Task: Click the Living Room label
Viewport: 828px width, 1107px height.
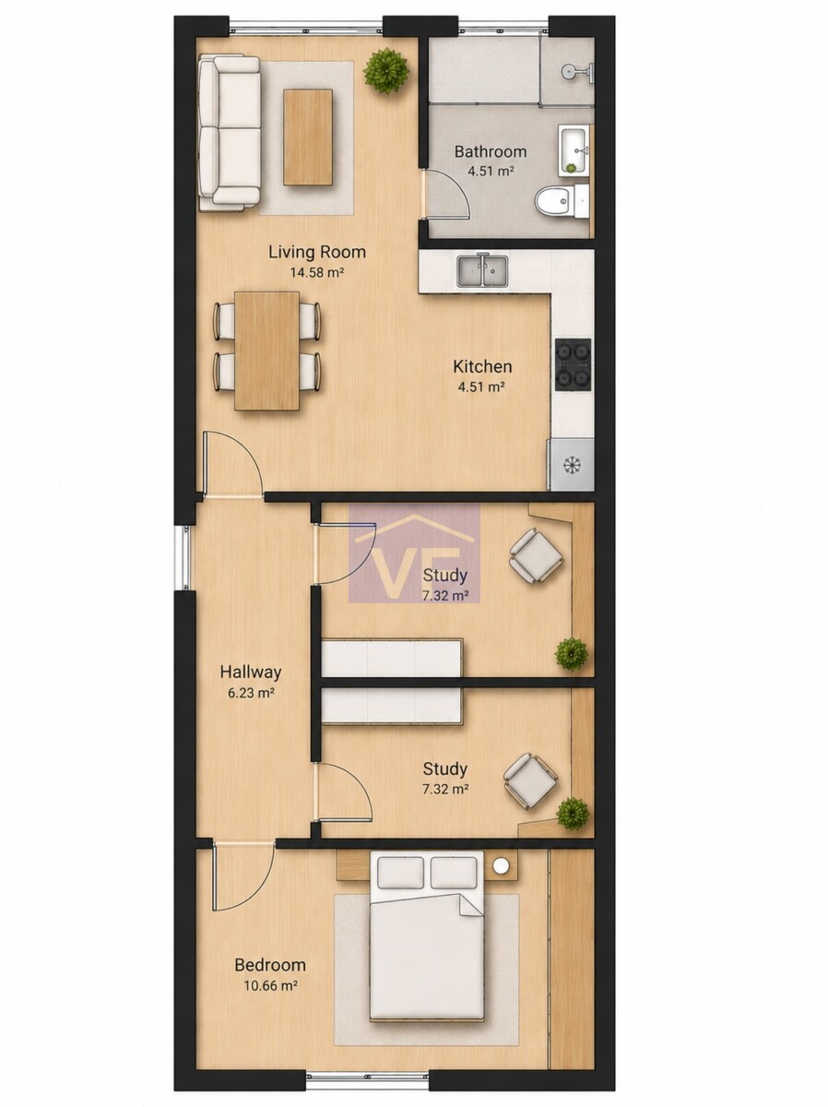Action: (x=317, y=252)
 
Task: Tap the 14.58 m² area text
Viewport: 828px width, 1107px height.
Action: (x=317, y=273)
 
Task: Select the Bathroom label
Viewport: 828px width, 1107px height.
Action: (x=491, y=151)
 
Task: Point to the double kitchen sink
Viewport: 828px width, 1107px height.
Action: (x=483, y=271)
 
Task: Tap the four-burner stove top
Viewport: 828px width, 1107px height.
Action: (x=573, y=364)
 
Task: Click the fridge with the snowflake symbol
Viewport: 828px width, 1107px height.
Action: (x=572, y=465)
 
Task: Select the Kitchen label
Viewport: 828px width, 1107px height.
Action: (x=482, y=366)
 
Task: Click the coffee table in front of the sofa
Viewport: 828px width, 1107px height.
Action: (x=308, y=137)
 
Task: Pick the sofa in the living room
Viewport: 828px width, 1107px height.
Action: (x=230, y=133)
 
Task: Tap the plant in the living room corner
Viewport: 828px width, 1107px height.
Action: (x=385, y=71)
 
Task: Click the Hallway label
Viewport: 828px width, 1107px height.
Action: (x=251, y=672)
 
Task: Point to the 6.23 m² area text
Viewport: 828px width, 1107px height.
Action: (x=251, y=693)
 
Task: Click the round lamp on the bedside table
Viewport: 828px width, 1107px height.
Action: (x=501, y=865)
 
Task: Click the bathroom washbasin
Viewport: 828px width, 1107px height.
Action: (x=574, y=150)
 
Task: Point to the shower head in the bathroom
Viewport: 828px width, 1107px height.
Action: (x=570, y=72)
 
